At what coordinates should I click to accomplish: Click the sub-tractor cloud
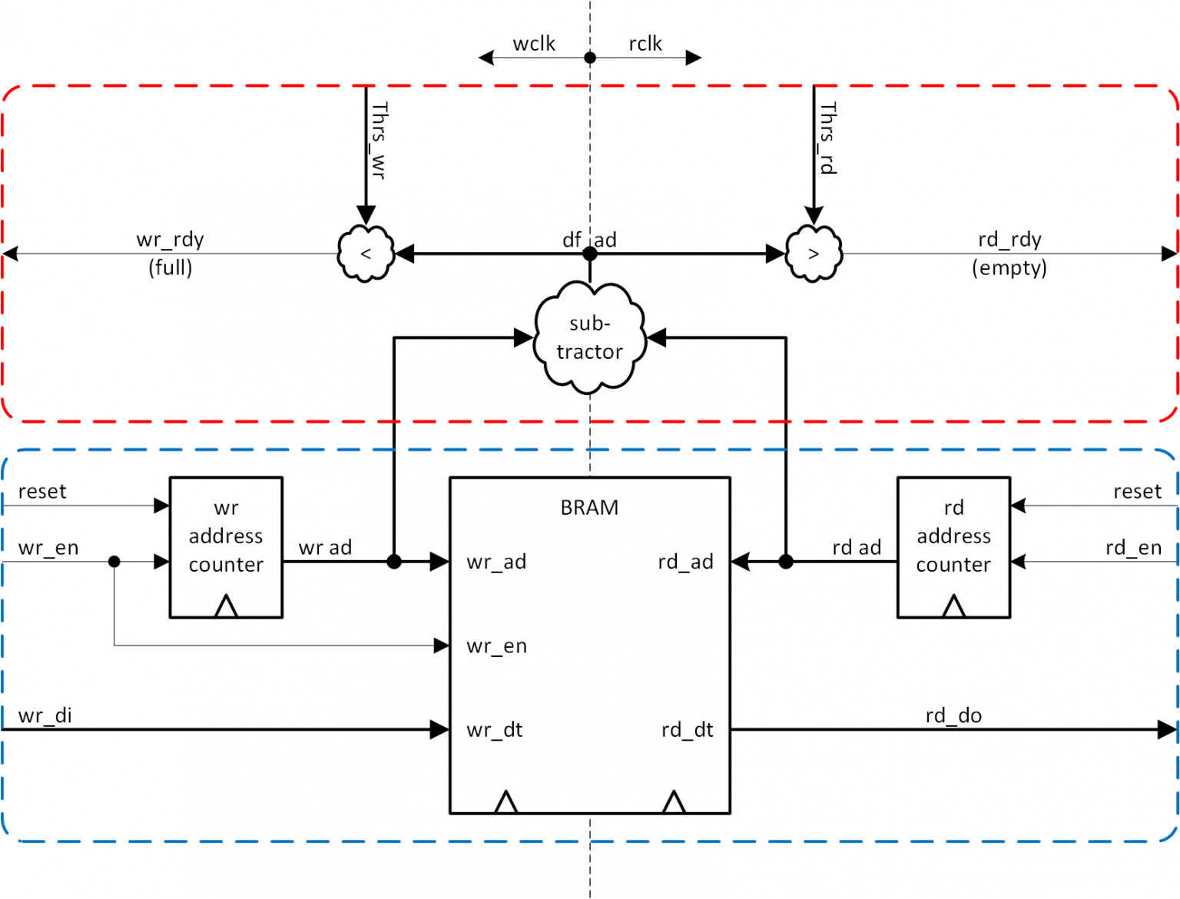pos(589,338)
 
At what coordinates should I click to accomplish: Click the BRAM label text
pos(589,508)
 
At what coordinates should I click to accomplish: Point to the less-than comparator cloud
pos(366,254)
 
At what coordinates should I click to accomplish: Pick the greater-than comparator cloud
pos(814,254)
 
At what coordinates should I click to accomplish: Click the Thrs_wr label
pos(379,141)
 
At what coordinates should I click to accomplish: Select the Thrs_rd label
pos(827,138)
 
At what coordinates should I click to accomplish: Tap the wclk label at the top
pos(534,44)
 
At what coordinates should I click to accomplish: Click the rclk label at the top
pos(645,44)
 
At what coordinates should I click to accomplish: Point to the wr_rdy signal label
pos(170,240)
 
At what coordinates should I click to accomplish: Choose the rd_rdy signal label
pos(1009,240)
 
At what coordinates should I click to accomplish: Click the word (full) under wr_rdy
pos(170,268)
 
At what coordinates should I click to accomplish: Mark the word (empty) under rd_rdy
pos(1009,268)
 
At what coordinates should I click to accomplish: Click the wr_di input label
pos(45,715)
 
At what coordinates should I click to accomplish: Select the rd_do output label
pos(953,715)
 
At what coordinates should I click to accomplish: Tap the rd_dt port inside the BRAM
pos(687,730)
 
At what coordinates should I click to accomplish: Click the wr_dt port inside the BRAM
pos(495,730)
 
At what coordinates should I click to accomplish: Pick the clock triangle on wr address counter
pos(226,606)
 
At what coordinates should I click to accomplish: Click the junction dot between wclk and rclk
pos(590,58)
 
